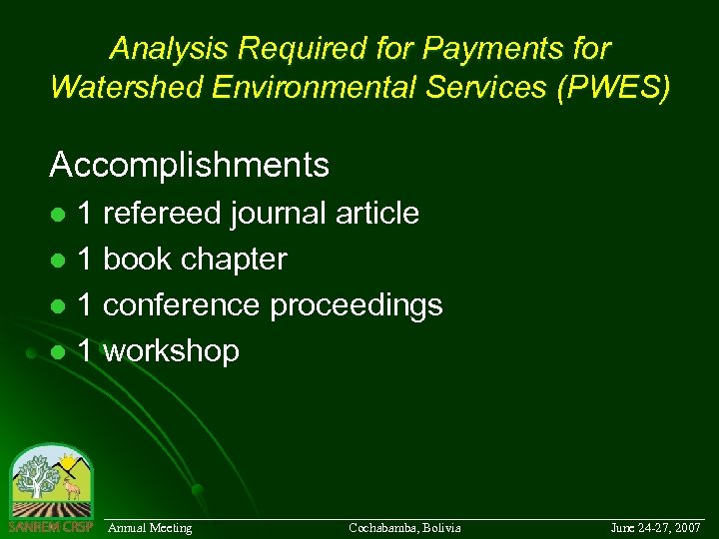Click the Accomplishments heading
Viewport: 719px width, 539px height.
(189, 165)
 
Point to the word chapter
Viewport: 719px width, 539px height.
(241, 260)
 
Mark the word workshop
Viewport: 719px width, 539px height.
(171, 351)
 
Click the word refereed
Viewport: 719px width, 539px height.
(162, 214)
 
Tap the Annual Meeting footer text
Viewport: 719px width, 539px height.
(150, 527)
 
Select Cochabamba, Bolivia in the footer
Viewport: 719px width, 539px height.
(404, 527)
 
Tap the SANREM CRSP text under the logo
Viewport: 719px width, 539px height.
(50, 526)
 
